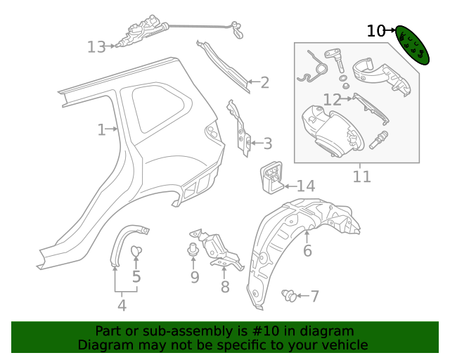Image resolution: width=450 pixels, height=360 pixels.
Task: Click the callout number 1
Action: click(x=102, y=129)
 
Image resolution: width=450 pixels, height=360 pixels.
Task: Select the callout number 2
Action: click(x=264, y=82)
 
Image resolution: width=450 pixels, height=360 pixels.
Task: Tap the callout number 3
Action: click(x=266, y=144)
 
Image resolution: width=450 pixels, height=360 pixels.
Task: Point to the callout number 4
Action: click(x=122, y=305)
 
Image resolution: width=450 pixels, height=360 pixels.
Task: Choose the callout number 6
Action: click(x=307, y=251)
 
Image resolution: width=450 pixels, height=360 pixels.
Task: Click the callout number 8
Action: click(x=225, y=287)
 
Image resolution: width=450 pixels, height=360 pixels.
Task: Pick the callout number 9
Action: click(x=195, y=277)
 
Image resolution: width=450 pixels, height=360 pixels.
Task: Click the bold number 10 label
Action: click(x=376, y=31)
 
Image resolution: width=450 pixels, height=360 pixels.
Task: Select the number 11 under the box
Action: click(x=361, y=176)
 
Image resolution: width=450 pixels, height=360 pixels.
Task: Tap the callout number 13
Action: click(x=96, y=47)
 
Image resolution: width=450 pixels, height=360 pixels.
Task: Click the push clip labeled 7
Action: click(x=288, y=296)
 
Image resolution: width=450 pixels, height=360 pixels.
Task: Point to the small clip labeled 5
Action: click(x=136, y=250)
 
